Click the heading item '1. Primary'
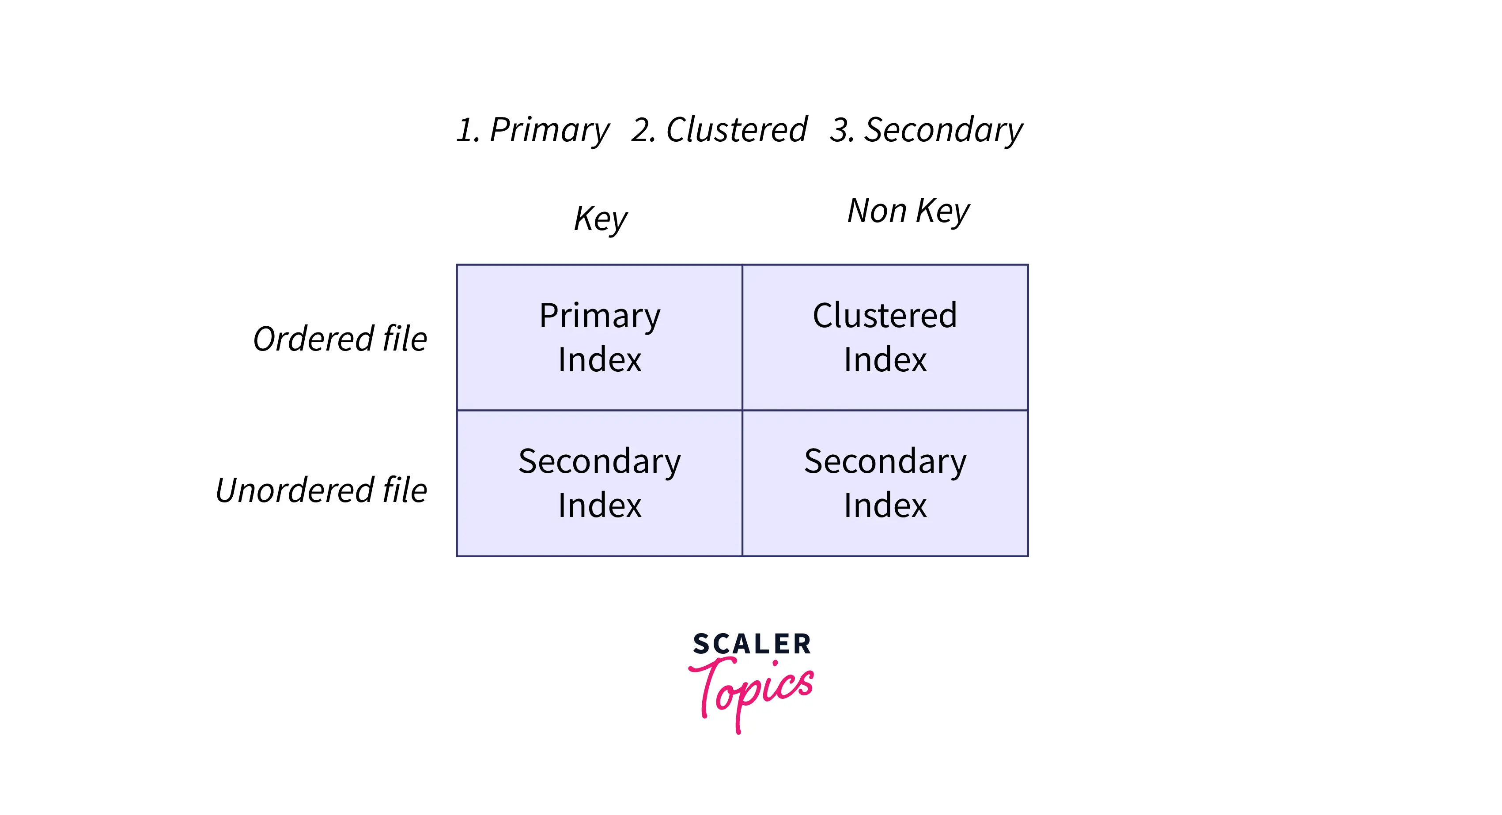pos(532,129)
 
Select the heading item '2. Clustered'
pos(719,129)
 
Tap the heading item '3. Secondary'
pos(926,129)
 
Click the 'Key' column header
pos(600,219)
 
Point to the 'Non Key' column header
pos(908,211)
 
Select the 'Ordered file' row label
pos(340,339)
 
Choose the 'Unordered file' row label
pos(321,490)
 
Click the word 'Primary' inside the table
pos(599,316)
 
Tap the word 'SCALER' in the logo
pos(752,644)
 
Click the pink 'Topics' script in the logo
pos(752,691)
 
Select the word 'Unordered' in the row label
pos(294,490)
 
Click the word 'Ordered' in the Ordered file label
pos(313,339)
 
